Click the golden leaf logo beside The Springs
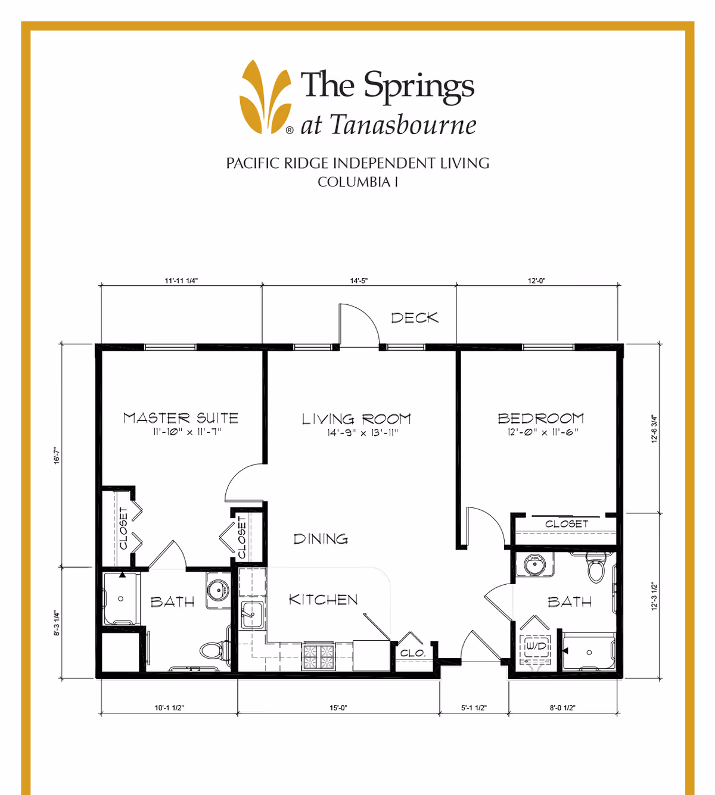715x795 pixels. pyautogui.click(x=265, y=96)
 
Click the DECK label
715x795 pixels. pyautogui.click(x=414, y=318)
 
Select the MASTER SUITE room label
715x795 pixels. pyautogui.click(x=181, y=418)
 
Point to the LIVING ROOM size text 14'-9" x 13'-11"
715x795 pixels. pyautogui.click(x=362, y=433)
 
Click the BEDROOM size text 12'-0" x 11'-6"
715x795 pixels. pyautogui.click(x=542, y=432)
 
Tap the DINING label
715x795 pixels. pyautogui.click(x=321, y=539)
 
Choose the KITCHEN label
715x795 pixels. pyautogui.click(x=323, y=600)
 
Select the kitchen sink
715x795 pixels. pyautogui.click(x=252, y=614)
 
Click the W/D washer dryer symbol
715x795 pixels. pyautogui.click(x=535, y=647)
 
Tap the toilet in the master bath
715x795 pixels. pyautogui.click(x=212, y=650)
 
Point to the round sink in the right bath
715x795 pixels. pyautogui.click(x=534, y=563)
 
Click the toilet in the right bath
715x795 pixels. pyautogui.click(x=596, y=568)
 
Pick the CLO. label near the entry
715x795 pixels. pyautogui.click(x=412, y=653)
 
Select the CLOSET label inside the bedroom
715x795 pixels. pyautogui.click(x=566, y=524)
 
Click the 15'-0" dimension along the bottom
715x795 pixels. pyautogui.click(x=338, y=708)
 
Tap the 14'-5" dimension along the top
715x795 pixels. pyautogui.click(x=358, y=280)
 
